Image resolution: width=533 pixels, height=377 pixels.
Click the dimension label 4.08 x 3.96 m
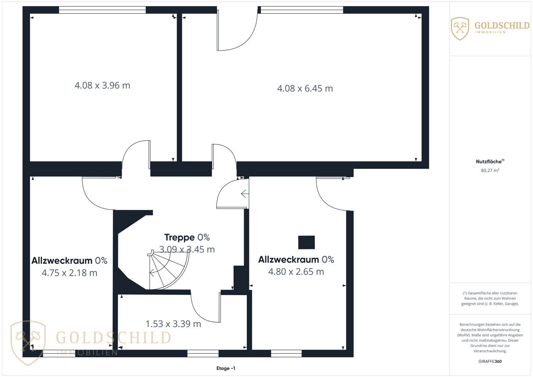[102, 85]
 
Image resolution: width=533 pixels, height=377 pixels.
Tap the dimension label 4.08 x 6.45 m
[305, 88]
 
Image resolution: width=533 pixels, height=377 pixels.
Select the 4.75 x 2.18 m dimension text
[69, 273]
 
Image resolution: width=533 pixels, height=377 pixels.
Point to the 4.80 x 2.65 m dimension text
[296, 272]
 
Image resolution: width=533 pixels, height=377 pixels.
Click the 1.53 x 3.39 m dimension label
[173, 324]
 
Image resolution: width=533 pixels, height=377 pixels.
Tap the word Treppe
[179, 238]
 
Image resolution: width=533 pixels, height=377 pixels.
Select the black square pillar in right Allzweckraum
[306, 242]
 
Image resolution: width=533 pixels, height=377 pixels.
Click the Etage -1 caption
[226, 368]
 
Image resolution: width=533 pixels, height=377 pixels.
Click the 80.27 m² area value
[490, 170]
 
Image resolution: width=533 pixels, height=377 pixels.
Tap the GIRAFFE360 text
[490, 361]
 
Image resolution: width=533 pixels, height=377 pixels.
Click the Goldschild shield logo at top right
[460, 29]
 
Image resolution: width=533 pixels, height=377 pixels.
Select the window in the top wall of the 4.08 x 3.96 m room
[102, 10]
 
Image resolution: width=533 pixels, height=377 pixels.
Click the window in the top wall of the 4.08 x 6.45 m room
[302, 10]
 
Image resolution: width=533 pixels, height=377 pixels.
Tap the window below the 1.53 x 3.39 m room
[203, 353]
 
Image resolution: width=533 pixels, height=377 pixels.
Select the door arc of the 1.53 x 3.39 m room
[200, 314]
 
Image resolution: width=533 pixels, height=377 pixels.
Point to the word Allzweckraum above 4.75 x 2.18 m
[62, 261]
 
